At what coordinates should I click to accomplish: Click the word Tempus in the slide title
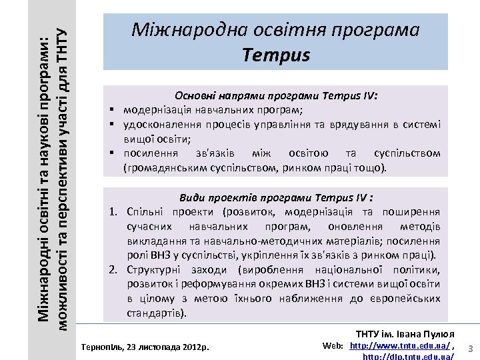(277, 54)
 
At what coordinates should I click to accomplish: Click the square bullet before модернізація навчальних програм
(114, 110)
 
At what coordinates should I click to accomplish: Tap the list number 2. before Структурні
(115, 269)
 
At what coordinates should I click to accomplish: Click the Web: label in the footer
(333, 346)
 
